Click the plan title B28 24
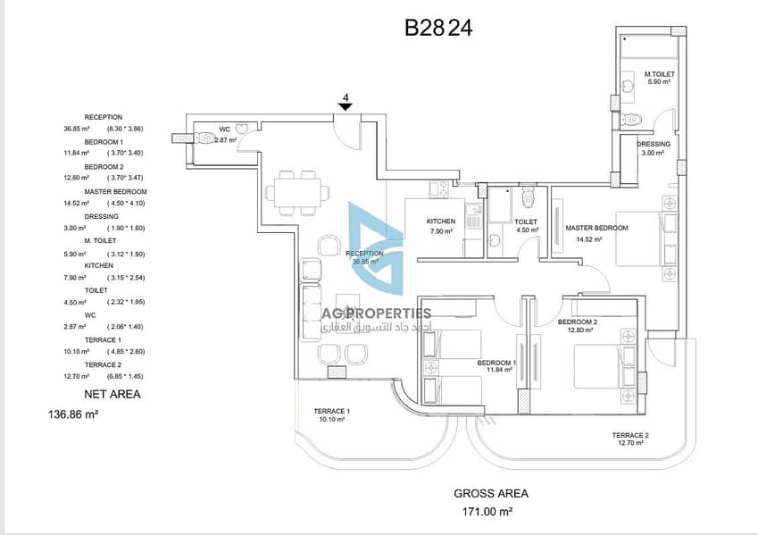pyautogui.click(x=437, y=28)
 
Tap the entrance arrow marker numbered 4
pyautogui.click(x=345, y=106)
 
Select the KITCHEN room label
pyautogui.click(x=440, y=222)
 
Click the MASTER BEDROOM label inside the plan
pyautogui.click(x=596, y=228)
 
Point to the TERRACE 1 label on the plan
pyautogui.click(x=331, y=412)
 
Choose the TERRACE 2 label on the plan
pyautogui.click(x=629, y=435)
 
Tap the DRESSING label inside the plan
pyautogui.click(x=654, y=144)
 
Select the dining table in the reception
pyautogui.click(x=294, y=192)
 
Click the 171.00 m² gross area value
pyautogui.click(x=490, y=512)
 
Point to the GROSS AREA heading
pyautogui.click(x=490, y=493)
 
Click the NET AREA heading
pyautogui.click(x=112, y=393)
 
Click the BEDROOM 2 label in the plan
pyautogui.click(x=577, y=322)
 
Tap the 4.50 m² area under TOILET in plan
pyautogui.click(x=526, y=230)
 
